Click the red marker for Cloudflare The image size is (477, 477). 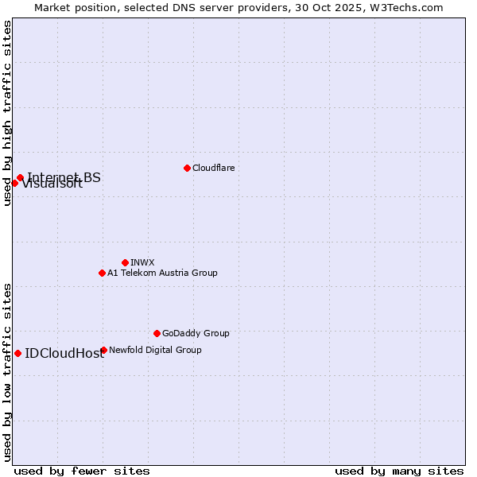coord(187,168)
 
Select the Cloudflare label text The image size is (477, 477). coord(213,168)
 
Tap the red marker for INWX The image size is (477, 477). coord(125,262)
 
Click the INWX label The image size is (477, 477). coord(142,262)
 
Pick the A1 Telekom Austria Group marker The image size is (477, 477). coord(102,273)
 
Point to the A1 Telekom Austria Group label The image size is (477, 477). coord(162,273)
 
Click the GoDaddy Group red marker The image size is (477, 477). coord(157,333)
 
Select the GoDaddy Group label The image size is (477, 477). coord(196,333)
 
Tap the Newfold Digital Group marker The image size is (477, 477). coord(103,350)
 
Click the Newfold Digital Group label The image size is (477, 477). coord(155,350)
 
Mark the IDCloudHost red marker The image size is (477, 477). coord(17,353)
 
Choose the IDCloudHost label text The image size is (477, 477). coord(64,354)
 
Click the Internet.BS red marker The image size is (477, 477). coord(20,178)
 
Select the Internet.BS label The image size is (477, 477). coord(64,176)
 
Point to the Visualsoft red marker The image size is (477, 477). coord(14,183)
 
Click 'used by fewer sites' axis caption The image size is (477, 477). coord(82,471)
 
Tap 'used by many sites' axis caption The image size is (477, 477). coord(399,471)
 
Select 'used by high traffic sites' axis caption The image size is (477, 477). coord(8,113)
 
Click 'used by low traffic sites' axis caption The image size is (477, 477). coord(8,371)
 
